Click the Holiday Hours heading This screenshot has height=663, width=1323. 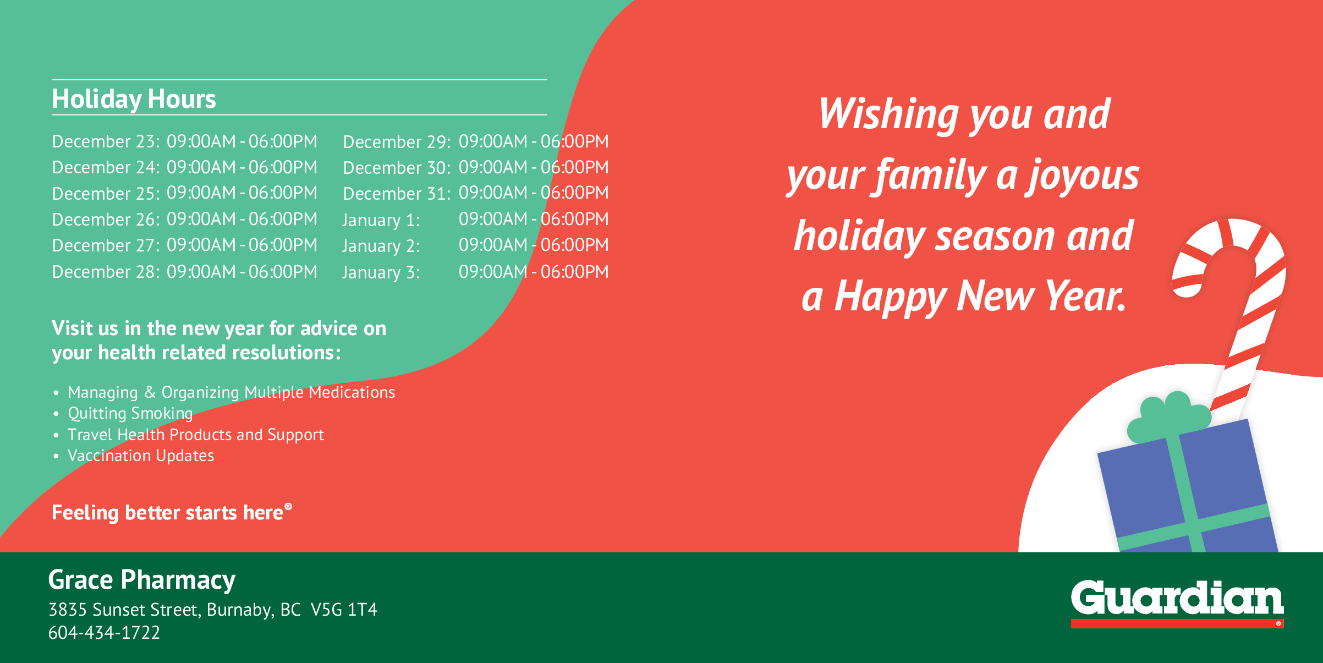(x=134, y=100)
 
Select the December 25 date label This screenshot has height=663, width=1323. (x=106, y=194)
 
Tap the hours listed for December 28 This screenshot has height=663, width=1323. (x=242, y=272)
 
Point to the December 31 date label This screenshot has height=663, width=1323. (x=397, y=194)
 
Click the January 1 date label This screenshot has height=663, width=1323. (x=381, y=220)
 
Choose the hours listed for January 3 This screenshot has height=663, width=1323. (x=534, y=272)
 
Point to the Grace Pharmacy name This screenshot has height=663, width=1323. (x=142, y=580)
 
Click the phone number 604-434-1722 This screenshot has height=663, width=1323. (x=104, y=633)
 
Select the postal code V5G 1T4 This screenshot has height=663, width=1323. (x=344, y=610)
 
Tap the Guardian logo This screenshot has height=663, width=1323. (x=1177, y=602)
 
